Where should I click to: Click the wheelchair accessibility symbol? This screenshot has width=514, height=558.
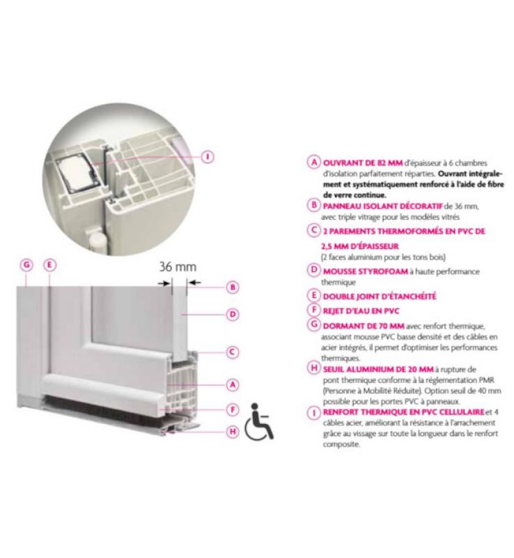259,421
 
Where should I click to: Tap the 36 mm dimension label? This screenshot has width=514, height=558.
178,266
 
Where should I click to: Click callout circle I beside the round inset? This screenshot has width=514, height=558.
208,156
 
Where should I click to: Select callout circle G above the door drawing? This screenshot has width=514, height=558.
26,265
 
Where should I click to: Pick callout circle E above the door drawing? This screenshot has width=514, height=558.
49,265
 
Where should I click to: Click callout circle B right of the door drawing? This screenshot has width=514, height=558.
233,287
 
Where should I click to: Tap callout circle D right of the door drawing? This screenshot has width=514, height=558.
233,315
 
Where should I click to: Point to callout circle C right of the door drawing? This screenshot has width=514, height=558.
233,352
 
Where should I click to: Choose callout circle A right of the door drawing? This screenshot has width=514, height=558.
233,385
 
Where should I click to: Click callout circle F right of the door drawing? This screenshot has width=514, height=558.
233,409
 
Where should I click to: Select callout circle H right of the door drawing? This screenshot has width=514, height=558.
233,432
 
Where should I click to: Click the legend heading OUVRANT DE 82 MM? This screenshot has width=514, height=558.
363,163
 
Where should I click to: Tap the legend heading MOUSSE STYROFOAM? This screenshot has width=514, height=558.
366,271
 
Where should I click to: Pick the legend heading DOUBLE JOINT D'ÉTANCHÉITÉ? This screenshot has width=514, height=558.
380,296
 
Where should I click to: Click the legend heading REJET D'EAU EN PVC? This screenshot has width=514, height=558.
361,311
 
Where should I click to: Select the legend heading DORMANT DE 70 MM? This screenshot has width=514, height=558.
364,326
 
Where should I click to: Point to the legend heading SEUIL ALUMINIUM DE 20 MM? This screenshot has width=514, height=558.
378,370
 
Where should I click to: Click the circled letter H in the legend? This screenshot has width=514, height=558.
314,368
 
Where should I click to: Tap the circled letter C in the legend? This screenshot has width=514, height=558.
314,230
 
